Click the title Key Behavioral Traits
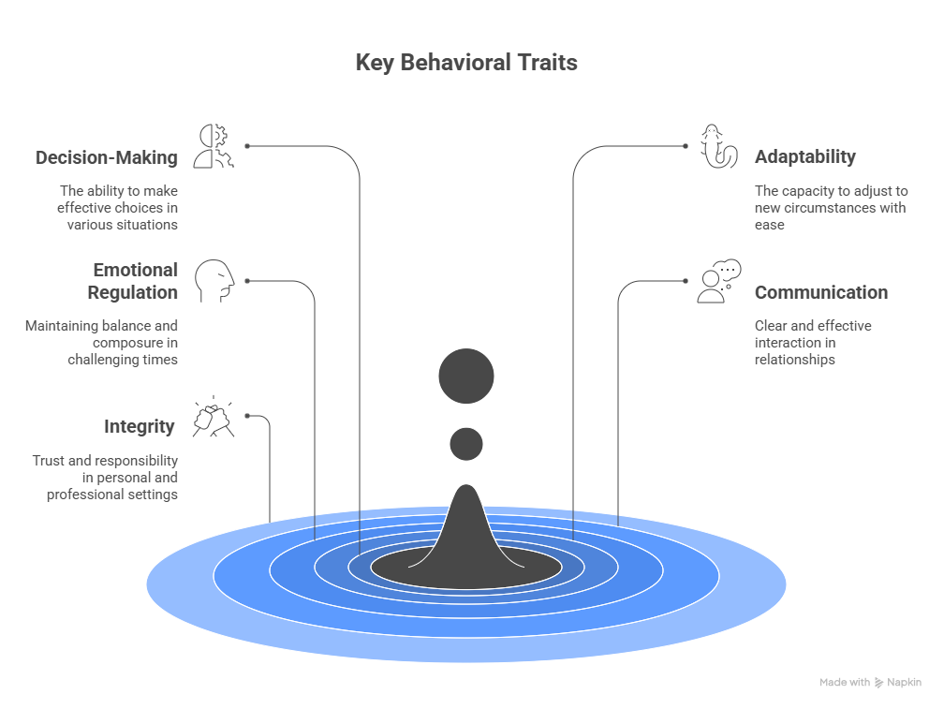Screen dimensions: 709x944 (466, 64)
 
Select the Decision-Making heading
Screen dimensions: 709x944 (106, 157)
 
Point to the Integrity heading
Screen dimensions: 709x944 (140, 427)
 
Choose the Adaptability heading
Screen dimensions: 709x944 (805, 157)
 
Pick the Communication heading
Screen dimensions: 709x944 (821, 292)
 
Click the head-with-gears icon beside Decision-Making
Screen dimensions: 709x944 (214, 146)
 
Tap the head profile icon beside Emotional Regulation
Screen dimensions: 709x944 (214, 281)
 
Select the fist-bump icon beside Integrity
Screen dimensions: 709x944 (214, 417)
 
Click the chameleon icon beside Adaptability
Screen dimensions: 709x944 (717, 146)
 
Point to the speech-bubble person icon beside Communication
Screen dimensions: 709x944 (717, 282)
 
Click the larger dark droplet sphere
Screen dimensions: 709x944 (466, 377)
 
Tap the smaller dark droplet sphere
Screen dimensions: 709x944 (466, 444)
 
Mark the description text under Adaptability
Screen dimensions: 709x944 (831, 208)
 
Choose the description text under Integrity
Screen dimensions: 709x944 (105, 478)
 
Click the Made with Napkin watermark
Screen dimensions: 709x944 (870, 683)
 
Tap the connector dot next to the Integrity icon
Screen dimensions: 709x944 (247, 416)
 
